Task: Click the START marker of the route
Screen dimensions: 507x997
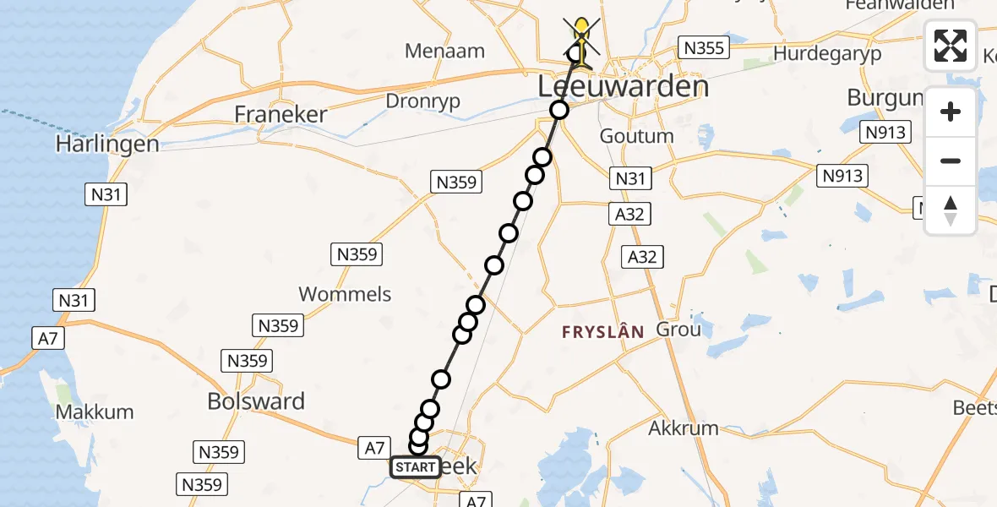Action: [x=415, y=467]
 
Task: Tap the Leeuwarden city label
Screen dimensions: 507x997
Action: [x=622, y=87]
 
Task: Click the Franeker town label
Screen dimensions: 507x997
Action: [x=281, y=114]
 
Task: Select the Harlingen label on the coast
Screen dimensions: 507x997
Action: [x=107, y=144]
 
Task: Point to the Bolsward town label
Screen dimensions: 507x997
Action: [x=256, y=401]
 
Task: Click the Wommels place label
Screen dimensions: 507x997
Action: [x=346, y=294]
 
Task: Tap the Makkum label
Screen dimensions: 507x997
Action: [x=95, y=412]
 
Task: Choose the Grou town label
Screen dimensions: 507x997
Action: [x=678, y=329]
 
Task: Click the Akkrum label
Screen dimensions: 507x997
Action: [x=684, y=428]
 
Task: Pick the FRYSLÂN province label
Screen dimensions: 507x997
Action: [x=603, y=333]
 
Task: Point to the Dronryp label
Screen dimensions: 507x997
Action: [x=423, y=100]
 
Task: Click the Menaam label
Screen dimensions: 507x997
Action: [x=444, y=51]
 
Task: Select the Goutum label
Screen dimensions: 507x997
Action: [x=636, y=136]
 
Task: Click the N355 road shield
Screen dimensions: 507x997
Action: [x=704, y=47]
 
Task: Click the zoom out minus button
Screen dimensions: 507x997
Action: [x=951, y=161]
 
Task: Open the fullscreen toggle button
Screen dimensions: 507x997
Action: [x=951, y=45]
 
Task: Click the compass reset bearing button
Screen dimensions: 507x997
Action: [x=951, y=210]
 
